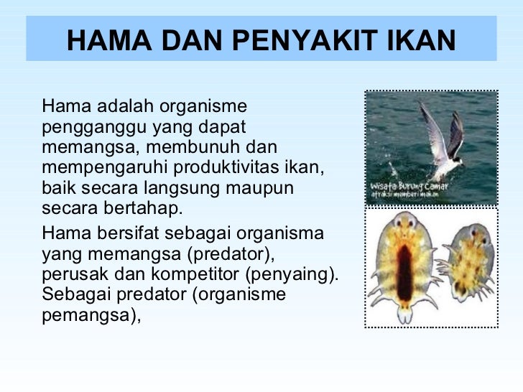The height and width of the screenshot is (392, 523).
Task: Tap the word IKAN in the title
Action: point(423,41)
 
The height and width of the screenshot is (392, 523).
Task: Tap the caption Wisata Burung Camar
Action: point(410,184)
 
